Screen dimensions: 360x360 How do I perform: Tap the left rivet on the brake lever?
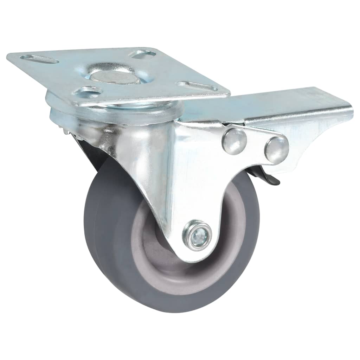[x=234, y=141]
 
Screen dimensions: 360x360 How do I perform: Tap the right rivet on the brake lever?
[x=276, y=149]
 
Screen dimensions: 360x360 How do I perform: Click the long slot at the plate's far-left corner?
[x=39, y=59]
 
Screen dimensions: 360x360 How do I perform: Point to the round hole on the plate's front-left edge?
[x=88, y=92]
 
